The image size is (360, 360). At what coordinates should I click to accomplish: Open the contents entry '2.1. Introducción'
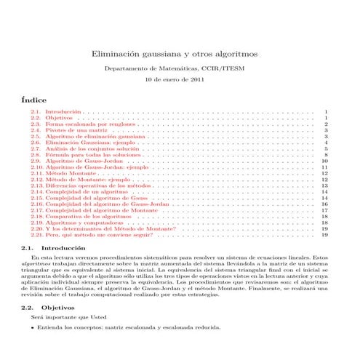[55, 113]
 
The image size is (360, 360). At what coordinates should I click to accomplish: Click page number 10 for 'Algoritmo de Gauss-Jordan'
[324, 161]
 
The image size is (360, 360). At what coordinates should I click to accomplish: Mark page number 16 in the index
[324, 204]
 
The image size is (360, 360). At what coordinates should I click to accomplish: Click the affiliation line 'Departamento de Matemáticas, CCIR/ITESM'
[180, 67]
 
